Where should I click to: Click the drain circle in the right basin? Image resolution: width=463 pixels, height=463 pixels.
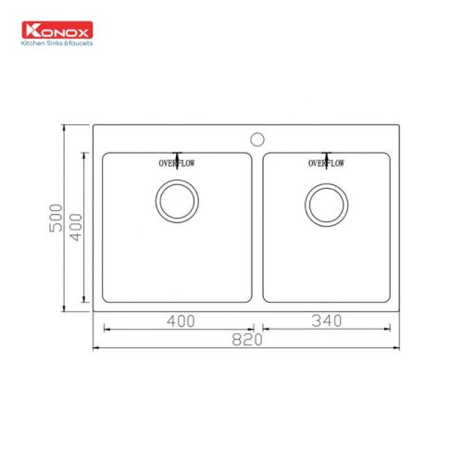tap(326, 204)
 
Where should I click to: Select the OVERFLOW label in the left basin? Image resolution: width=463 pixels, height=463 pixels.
tap(176, 164)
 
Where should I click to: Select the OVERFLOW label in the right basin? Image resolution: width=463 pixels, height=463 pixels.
tap(326, 164)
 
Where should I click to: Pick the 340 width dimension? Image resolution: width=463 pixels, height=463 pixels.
tap(327, 321)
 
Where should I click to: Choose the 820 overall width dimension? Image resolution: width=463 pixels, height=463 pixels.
tap(248, 340)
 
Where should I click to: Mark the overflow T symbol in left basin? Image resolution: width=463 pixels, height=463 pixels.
tap(176, 155)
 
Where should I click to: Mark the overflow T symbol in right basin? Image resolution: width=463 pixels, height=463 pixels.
tap(326, 155)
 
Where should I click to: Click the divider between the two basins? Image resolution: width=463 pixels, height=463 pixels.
tap(258, 227)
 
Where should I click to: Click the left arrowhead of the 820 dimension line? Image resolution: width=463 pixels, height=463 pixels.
tap(97, 348)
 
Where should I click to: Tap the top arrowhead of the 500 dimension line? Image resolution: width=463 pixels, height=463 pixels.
tap(65, 128)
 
